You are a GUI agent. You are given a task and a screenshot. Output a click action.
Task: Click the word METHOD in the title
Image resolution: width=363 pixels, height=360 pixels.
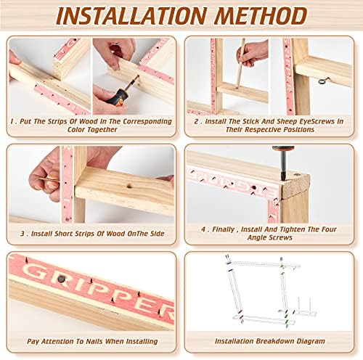[261, 16]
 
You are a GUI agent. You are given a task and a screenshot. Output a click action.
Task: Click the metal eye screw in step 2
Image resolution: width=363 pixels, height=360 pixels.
[324, 81]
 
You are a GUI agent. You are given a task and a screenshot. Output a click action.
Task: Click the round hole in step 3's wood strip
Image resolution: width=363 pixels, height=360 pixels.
[129, 186]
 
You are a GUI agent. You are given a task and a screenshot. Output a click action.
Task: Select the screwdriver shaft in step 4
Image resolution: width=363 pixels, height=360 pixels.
[283, 166]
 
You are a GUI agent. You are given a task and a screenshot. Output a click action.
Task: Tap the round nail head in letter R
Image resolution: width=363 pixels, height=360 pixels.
[62, 279]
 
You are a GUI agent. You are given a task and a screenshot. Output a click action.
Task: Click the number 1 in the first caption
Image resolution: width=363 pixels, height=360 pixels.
[12, 121]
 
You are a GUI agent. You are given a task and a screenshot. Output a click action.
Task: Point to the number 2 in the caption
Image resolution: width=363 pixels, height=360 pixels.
[196, 121]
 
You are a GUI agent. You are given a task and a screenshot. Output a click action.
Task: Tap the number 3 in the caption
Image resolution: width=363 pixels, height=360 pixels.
[23, 234]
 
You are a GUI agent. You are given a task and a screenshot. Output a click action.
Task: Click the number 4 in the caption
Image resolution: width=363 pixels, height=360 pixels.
[203, 229]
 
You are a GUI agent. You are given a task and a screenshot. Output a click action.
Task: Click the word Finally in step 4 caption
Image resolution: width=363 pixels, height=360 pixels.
[224, 229]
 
